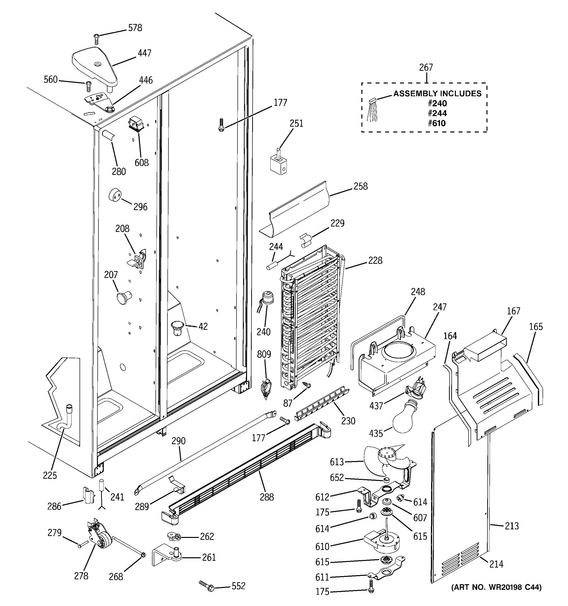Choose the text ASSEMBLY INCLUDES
437,94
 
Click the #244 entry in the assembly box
437,113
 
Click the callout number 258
361,186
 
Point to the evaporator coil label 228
375,260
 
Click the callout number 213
512,526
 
